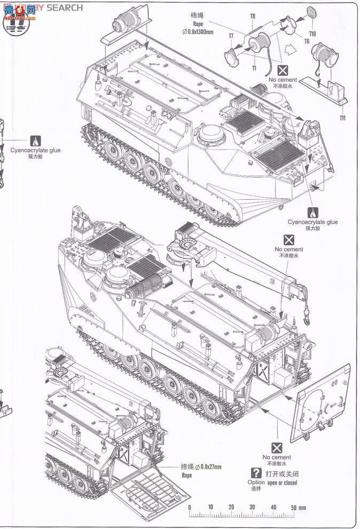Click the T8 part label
point(253,17)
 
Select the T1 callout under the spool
point(254,69)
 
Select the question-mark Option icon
point(256,473)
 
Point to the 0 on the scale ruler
point(189,507)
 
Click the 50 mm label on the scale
point(298,507)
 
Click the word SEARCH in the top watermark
point(65,7)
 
